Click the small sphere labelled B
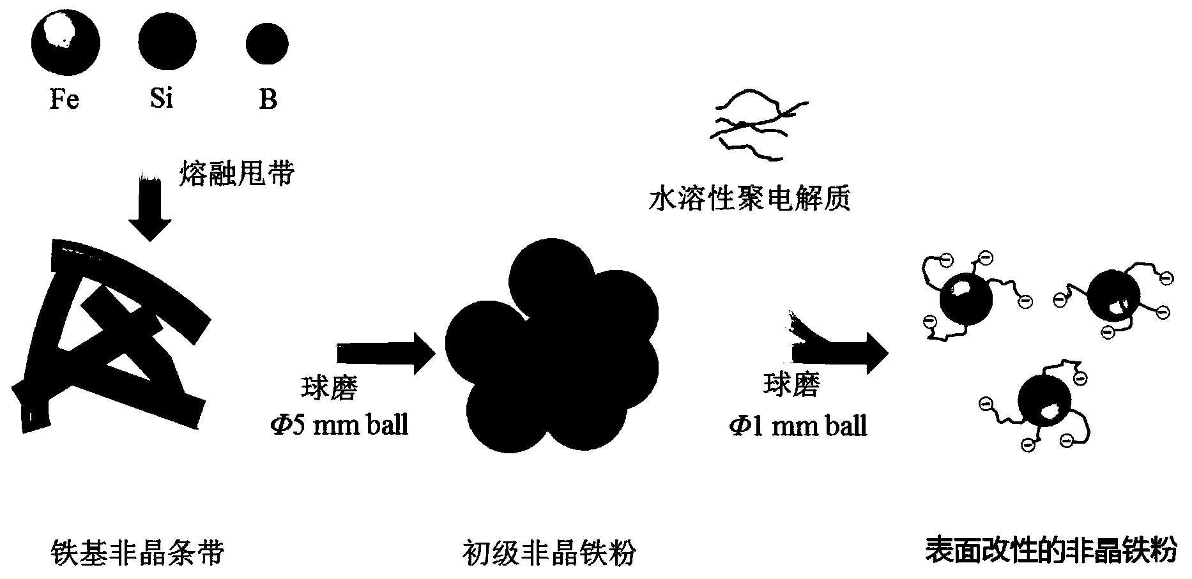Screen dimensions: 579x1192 [x=267, y=44]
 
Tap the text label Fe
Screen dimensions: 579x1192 [x=65, y=100]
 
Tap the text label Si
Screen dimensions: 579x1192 [x=162, y=100]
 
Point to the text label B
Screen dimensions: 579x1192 [x=268, y=100]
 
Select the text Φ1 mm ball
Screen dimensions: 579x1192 [x=798, y=425]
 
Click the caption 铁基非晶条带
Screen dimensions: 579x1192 [x=137, y=552]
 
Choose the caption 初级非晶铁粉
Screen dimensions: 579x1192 [x=550, y=552]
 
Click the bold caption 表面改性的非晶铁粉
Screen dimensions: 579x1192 [x=1051, y=550]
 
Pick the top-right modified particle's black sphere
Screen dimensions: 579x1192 [x=1113, y=296]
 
